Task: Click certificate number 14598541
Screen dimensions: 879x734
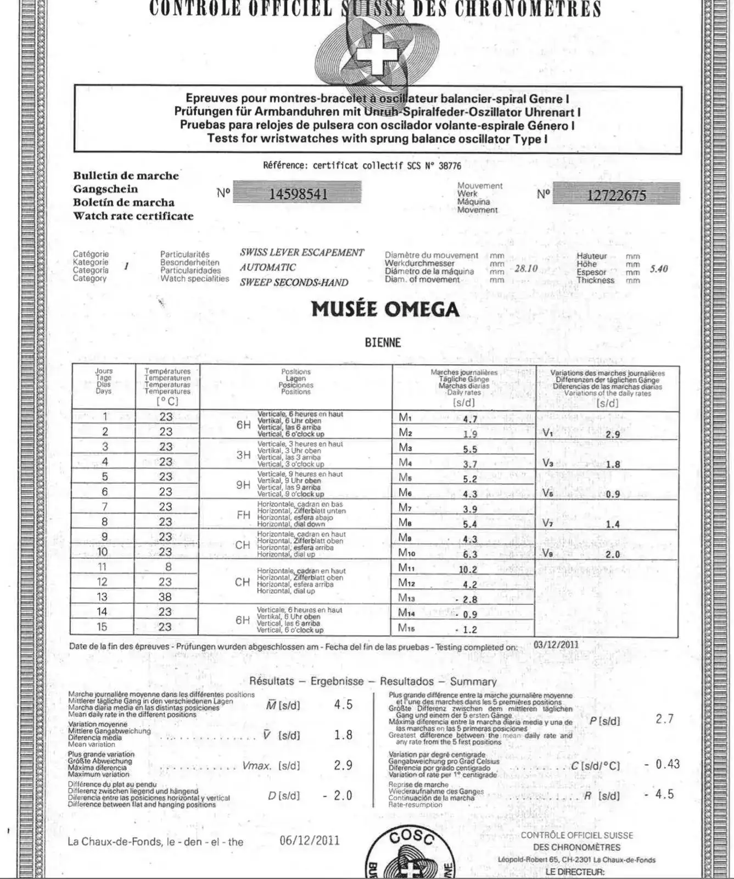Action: point(298,194)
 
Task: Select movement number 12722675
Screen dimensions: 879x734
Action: point(617,195)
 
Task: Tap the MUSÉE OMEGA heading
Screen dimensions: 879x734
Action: point(385,309)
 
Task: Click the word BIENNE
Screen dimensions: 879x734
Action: point(383,343)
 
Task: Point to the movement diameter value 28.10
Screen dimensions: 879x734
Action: point(526,269)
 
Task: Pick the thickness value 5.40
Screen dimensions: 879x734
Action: point(659,269)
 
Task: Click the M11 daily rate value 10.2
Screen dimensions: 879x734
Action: point(468,570)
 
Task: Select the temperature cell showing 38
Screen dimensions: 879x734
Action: point(165,597)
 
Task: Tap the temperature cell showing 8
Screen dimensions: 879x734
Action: point(168,567)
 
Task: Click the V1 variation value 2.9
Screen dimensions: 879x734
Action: point(613,435)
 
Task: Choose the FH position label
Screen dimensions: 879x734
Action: point(243,515)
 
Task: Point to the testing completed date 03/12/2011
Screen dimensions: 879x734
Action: point(556,644)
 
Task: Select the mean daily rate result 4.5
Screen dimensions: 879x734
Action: point(343,705)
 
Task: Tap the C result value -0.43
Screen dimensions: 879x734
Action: point(662,764)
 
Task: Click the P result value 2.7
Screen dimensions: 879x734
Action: point(664,719)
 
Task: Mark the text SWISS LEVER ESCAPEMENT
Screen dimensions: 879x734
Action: point(301,253)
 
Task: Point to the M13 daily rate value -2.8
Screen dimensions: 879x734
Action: point(468,599)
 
